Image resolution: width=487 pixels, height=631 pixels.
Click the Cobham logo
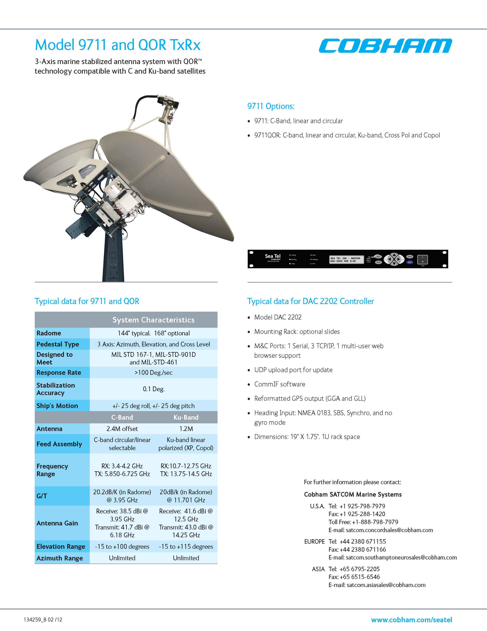tap(385, 46)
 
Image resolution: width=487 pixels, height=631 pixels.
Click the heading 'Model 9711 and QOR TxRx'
tap(118, 45)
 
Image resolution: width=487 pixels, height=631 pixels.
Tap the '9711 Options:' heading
tap(271, 106)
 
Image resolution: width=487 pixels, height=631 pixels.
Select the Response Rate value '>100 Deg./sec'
tap(154, 373)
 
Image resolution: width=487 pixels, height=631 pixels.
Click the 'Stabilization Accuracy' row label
tap(56, 389)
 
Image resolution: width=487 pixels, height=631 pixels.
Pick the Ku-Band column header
tap(186, 417)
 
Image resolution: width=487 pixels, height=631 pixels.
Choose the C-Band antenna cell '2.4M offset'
tap(122, 429)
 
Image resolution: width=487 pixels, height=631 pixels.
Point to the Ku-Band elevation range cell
tap(186, 547)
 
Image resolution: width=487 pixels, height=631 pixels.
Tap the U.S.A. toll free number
tap(363, 522)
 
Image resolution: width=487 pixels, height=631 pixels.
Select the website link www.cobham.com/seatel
tap(411, 620)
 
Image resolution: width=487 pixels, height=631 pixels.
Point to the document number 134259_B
tap(43, 620)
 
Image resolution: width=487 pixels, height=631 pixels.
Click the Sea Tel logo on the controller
tap(273, 257)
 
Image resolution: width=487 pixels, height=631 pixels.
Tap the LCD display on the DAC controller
tap(346, 259)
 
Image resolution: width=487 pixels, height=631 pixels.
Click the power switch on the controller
tap(422, 259)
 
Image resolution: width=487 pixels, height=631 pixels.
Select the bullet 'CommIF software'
tap(280, 384)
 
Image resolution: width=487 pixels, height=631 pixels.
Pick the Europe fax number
tap(357, 550)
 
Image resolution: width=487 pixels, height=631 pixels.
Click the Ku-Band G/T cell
tap(186, 496)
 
